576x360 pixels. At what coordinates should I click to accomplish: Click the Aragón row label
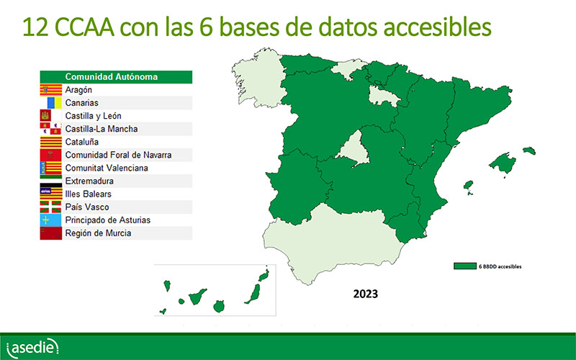78,90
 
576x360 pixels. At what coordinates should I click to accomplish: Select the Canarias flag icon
50,103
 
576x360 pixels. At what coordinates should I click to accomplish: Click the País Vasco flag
50,207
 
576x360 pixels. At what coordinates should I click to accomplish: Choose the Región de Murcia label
98,233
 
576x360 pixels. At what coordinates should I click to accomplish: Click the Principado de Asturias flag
50,220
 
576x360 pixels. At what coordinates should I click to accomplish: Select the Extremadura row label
89,181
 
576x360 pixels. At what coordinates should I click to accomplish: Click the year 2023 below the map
366,294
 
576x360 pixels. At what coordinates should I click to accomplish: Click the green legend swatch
464,266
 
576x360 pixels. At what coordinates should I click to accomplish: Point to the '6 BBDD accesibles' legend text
500,266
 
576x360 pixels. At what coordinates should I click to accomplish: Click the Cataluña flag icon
50,142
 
